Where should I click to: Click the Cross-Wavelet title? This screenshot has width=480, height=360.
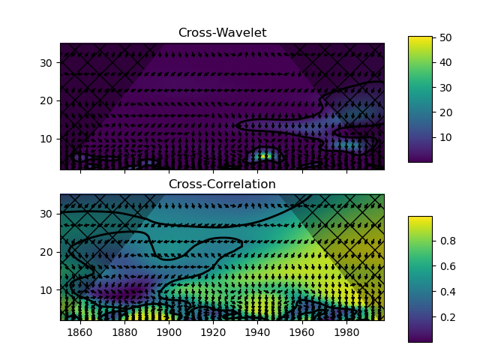coord(221,33)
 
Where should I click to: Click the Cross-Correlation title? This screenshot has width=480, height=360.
coord(221,184)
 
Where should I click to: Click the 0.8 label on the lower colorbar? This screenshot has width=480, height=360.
coord(448,241)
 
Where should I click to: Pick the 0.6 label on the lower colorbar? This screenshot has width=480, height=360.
coord(448,266)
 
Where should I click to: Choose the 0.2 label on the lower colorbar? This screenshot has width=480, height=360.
coord(448,317)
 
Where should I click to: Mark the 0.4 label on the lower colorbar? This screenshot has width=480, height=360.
coord(448,292)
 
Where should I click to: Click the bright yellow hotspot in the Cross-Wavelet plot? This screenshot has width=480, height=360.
coord(262,156)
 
